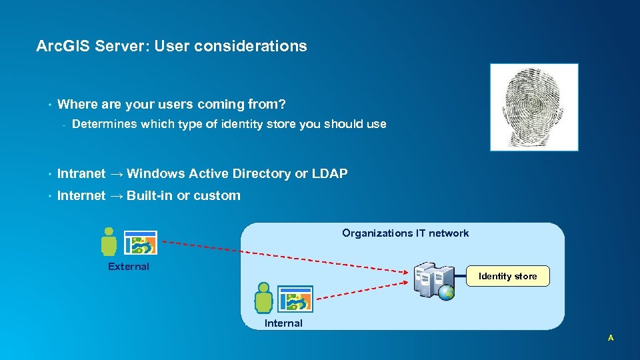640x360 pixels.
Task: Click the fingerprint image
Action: coord(534,107)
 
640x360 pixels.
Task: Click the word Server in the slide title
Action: coord(118,46)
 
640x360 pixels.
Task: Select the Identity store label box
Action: coord(507,276)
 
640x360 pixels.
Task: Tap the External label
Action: coord(129,267)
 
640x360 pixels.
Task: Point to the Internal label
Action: coord(283,323)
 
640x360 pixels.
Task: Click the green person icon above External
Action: coord(109,242)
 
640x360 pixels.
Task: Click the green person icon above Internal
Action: coord(264,298)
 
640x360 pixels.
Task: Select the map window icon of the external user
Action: coord(141,244)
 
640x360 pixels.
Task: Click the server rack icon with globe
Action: coord(434,281)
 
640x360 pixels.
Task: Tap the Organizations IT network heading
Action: coord(405,233)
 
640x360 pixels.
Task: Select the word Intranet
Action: coord(81,174)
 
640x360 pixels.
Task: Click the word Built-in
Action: coord(149,196)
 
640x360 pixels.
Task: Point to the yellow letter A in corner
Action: coord(610,338)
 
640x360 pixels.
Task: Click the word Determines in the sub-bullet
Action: coord(103,124)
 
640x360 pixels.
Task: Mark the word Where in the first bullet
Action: coord(77,104)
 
